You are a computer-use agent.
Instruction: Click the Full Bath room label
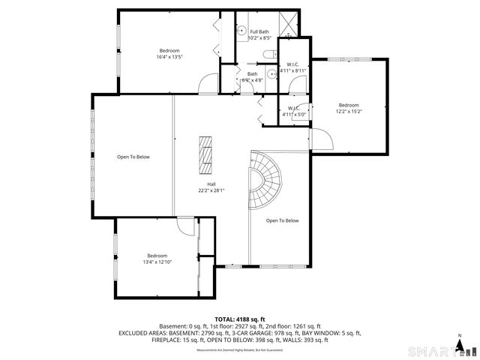pyautogui.click(x=248, y=31)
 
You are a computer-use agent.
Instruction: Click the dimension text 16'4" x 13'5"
pyautogui.click(x=169, y=56)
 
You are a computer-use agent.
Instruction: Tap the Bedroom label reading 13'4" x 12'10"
pyautogui.click(x=157, y=259)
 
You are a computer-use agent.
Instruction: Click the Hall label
pyautogui.click(x=212, y=184)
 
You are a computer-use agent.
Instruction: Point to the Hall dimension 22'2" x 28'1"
pyautogui.click(x=212, y=190)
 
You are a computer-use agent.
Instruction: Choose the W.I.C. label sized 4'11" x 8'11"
pyautogui.click(x=292, y=67)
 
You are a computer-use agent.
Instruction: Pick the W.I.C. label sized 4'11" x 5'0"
pyautogui.click(x=294, y=112)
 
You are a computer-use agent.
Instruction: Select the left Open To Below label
pyautogui.click(x=133, y=157)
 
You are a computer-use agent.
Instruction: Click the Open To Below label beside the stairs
pyautogui.click(x=282, y=220)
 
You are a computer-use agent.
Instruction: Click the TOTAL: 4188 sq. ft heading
pyautogui.click(x=240, y=319)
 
